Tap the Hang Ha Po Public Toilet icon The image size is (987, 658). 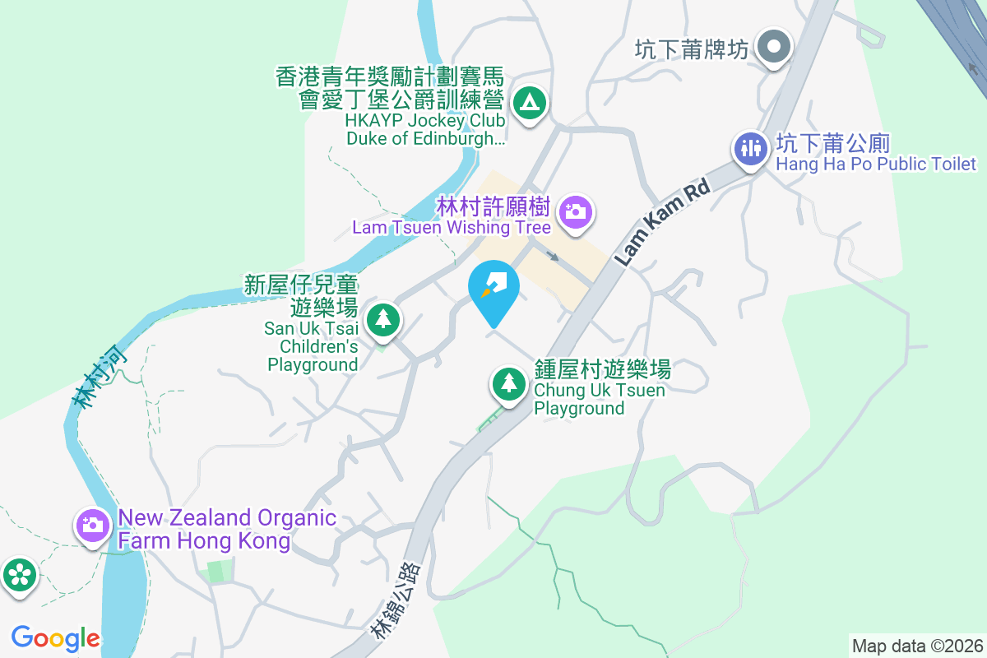coord(751,149)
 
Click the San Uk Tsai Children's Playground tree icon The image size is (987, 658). coord(382,318)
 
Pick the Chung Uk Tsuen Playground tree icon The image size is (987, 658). coord(510,382)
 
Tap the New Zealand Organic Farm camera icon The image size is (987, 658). coord(92,524)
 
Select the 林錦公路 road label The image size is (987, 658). coord(396,601)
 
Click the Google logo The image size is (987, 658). coord(56,637)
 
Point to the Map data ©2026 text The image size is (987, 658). coord(917,646)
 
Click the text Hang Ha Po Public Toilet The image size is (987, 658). coord(876,164)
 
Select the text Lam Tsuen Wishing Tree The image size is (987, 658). coord(452,227)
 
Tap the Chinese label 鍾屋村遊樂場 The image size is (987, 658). coord(602,368)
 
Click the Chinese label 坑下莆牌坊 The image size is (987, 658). coord(692,50)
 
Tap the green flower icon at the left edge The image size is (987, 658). coord(18,575)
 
